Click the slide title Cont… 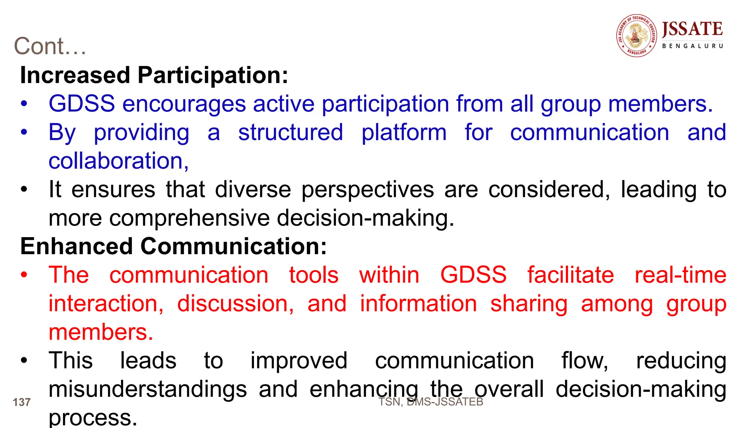pos(50,46)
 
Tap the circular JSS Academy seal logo pos(637,35)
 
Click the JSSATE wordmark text pos(692,29)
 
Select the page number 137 pos(21,402)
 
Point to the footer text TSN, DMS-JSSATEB pos(431,402)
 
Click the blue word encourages pos(184,104)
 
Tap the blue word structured pos(291,133)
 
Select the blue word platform pos(404,133)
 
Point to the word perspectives pos(367,190)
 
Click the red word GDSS pos(473,275)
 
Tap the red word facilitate pos(571,275)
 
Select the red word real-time pos(680,275)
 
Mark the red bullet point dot pos(24,275)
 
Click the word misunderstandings pos(148,389)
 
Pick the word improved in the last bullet pos(299,361)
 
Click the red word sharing pos(529,303)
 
